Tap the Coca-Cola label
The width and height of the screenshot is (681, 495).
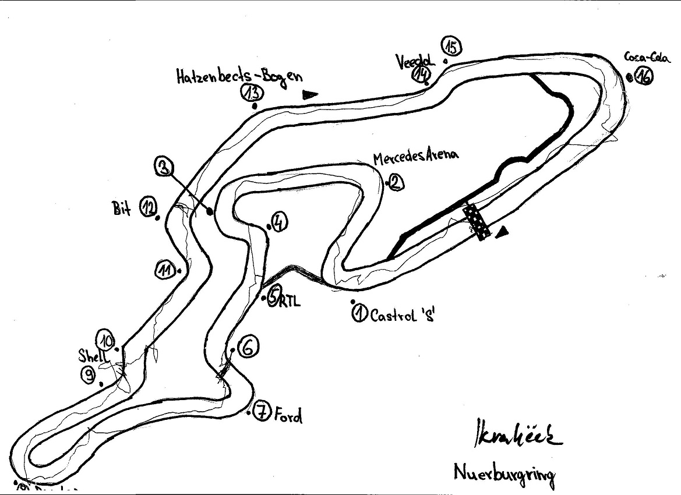[x=640, y=57]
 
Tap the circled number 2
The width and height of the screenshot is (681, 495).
[x=395, y=183]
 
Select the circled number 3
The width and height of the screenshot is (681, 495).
[x=164, y=168]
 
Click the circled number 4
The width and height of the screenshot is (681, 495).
[x=278, y=221]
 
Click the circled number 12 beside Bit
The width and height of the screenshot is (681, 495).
[x=149, y=207]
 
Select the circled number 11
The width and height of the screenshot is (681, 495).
[x=166, y=270]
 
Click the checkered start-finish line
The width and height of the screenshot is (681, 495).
[x=475, y=222]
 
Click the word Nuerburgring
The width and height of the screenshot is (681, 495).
[x=504, y=473]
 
